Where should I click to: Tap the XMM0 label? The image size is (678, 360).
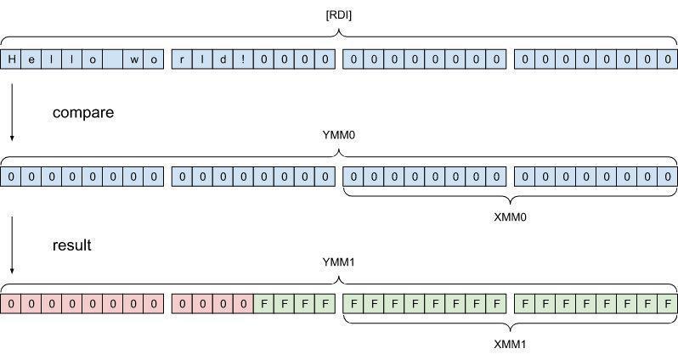[x=511, y=217]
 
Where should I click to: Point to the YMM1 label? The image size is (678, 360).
[x=340, y=261]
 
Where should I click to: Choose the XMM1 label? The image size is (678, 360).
[x=511, y=344]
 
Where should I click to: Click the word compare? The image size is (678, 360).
[x=83, y=112]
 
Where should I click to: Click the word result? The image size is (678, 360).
[x=72, y=245]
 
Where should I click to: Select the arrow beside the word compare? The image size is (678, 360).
[x=12, y=110]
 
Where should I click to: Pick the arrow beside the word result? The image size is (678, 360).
[x=12, y=245]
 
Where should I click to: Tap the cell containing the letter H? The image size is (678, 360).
[x=12, y=60]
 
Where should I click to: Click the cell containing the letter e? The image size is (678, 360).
[x=32, y=60]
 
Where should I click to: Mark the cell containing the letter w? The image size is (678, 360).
[x=134, y=60]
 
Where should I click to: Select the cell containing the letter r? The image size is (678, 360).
[x=182, y=60]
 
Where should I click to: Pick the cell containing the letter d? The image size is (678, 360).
[x=223, y=60]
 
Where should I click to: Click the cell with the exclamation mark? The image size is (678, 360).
[x=243, y=60]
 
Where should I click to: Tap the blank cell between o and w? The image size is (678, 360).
[x=114, y=60]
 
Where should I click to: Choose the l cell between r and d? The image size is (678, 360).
[x=202, y=60]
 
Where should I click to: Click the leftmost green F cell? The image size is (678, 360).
[x=263, y=303]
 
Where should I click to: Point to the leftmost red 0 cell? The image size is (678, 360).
[x=12, y=303]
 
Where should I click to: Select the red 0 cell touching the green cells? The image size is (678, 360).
[x=243, y=303]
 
